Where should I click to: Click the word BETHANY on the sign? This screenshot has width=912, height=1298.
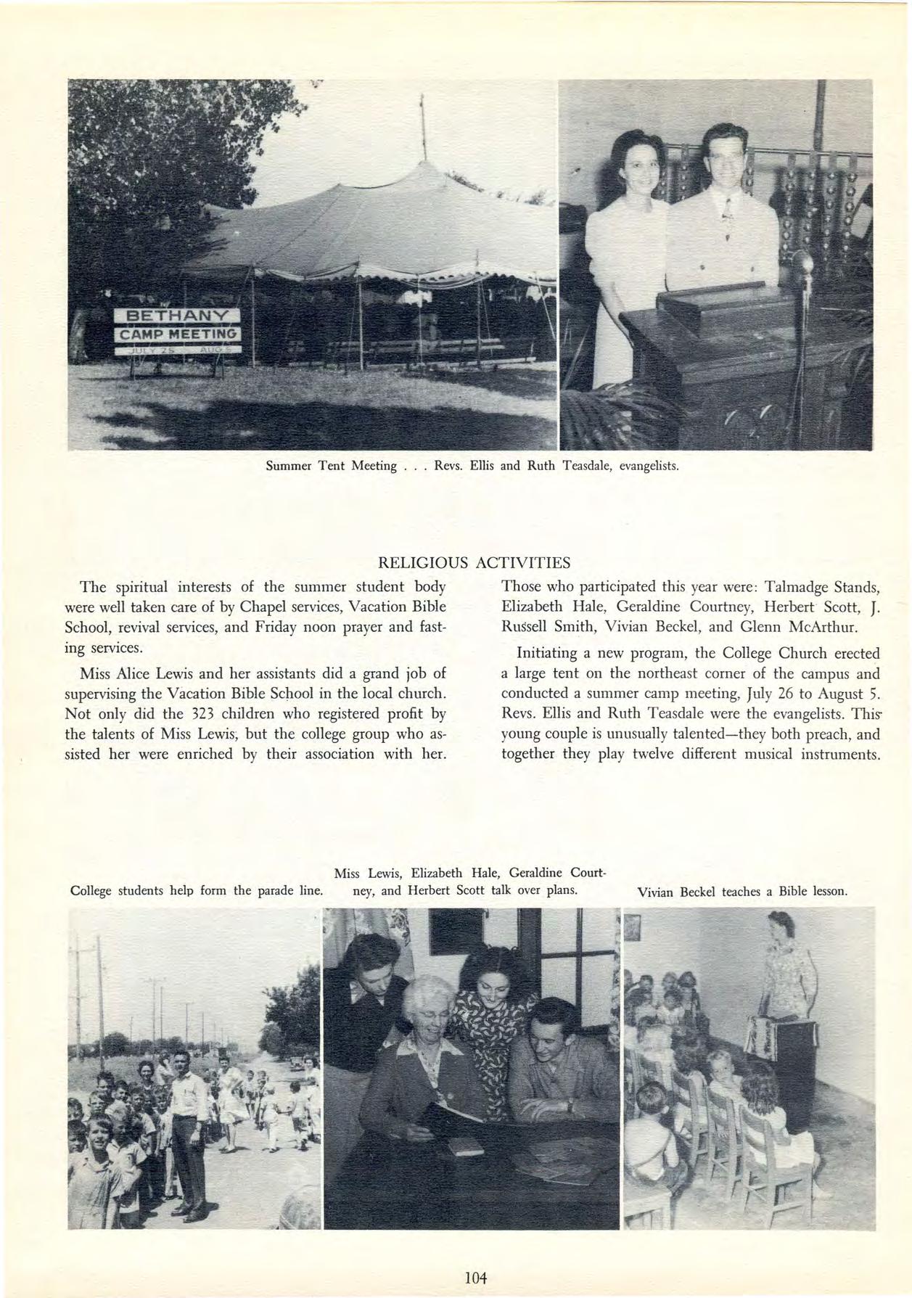click(x=178, y=316)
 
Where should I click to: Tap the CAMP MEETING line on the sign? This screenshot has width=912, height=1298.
click(x=178, y=334)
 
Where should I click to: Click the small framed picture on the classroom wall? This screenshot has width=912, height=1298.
click(x=633, y=926)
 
